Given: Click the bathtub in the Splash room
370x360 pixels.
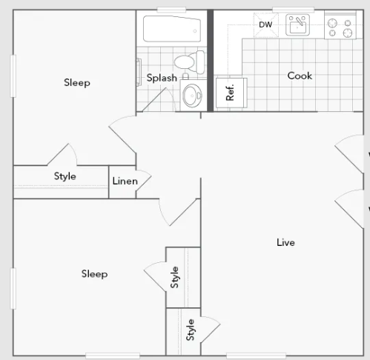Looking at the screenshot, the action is coord(172,29).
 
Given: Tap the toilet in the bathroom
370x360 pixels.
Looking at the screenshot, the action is coord(190,62).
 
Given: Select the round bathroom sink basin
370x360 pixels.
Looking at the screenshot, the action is coord(192,96).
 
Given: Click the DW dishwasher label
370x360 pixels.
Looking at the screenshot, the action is coord(265,24).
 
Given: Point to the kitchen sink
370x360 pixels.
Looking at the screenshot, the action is coord(297,25).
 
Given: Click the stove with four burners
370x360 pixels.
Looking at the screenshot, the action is coord(340,27).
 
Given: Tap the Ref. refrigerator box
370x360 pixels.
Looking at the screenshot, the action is coord(231,93).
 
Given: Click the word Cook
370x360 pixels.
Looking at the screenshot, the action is coord(300,76).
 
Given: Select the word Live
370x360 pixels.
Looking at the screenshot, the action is coord(285,242).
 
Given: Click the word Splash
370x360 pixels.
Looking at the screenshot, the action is coord(162,78).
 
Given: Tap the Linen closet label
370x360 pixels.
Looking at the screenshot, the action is coord(125,181).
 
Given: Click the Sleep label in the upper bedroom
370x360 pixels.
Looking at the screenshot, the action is coord(77,83).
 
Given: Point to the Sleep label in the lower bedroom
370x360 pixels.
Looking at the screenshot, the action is coord(94,274).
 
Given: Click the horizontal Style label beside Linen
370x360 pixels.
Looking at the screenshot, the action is coord(65,176).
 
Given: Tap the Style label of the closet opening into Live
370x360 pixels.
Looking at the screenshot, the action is coord(190,330).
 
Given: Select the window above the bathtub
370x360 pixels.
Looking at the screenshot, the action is coord(171,10).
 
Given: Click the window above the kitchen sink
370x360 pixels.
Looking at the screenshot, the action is coord(293,10).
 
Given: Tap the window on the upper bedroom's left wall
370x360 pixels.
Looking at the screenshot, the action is coord(13,76).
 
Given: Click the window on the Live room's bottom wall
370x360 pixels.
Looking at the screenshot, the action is coord(256,356).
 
